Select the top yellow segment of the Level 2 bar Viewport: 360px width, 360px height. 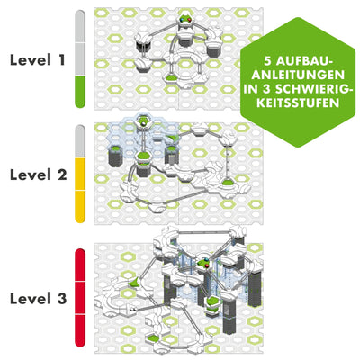(79, 173)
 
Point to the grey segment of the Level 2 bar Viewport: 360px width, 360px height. (79, 140)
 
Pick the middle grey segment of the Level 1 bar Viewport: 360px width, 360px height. (79, 59)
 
